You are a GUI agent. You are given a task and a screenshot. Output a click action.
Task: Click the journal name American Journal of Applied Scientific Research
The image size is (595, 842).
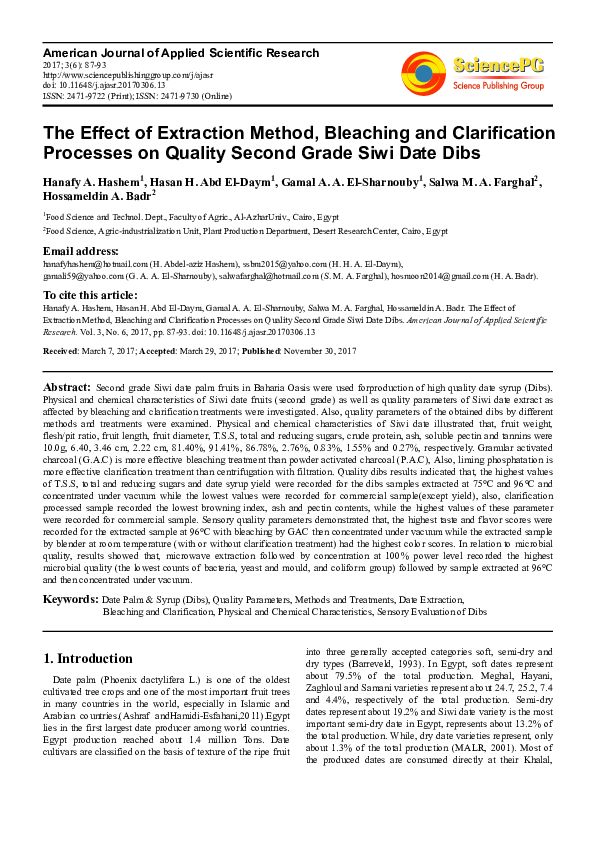[181, 53]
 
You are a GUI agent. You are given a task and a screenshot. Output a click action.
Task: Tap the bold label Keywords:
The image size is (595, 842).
[69, 598]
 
